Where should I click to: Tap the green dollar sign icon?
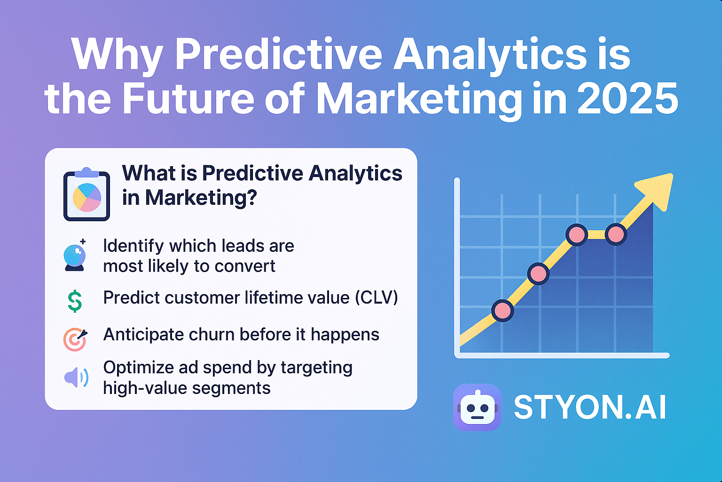(x=75, y=301)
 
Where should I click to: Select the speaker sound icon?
(x=76, y=378)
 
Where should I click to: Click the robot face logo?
(x=477, y=407)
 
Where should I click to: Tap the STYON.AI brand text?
(x=590, y=407)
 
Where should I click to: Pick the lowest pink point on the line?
(x=502, y=311)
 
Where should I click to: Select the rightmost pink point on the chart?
(x=616, y=234)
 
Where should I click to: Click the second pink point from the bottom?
(x=538, y=273)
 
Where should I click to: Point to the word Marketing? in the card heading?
(x=201, y=198)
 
